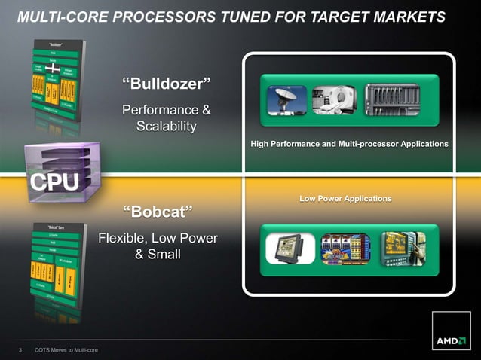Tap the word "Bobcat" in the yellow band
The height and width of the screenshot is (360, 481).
pos(158,208)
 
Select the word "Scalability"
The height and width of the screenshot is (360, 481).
pos(166,125)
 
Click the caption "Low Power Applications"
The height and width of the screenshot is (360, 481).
pos(345,198)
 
